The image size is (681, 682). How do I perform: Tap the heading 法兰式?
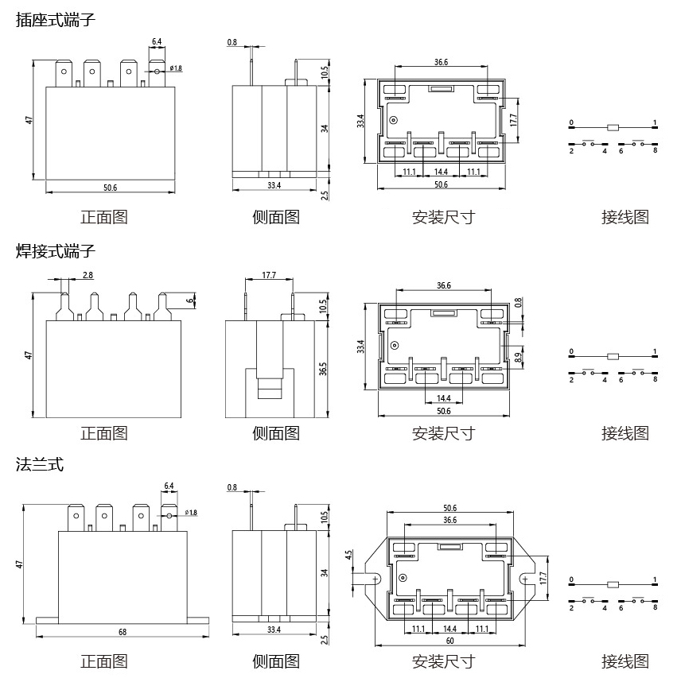[x=39, y=465]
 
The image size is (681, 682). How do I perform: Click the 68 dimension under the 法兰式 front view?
[x=123, y=632]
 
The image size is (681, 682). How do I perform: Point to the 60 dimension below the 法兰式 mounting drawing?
[x=450, y=640]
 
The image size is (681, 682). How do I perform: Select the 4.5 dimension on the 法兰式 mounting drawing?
[x=349, y=556]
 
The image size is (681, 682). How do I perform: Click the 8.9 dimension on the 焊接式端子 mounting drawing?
[x=520, y=358]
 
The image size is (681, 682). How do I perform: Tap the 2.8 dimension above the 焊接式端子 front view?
[x=88, y=275]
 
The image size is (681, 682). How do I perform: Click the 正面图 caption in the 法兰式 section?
[x=103, y=661]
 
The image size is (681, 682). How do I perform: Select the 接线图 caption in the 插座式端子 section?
[x=625, y=217]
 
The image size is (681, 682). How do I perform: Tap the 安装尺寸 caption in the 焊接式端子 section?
[x=443, y=433]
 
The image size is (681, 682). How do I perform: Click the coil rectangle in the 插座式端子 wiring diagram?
[x=612, y=127]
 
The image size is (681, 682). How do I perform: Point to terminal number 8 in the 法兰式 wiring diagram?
[x=655, y=608]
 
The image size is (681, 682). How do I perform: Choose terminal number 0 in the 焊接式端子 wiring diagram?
[x=570, y=351]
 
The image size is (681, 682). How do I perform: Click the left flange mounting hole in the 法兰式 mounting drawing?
[x=372, y=579]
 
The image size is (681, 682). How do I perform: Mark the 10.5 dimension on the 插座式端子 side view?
[x=325, y=72]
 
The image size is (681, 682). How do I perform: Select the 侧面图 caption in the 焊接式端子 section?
[x=275, y=433]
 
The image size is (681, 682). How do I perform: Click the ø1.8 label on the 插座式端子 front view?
[x=176, y=68]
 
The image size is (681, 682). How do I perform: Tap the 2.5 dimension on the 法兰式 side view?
[x=325, y=638]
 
